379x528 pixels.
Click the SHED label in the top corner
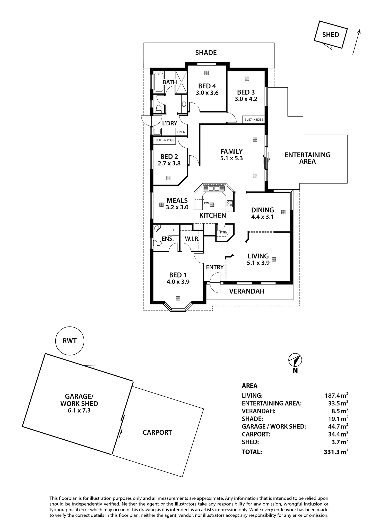pos(331,35)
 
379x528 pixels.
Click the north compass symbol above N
pos(295,360)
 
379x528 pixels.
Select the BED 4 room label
pos(207,86)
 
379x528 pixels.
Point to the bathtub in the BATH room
pos(159,82)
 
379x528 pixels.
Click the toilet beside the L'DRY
pos(159,109)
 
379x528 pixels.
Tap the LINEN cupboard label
pos(181,132)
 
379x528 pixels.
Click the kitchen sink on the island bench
pos(214,188)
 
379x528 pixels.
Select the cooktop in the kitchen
pos(230,204)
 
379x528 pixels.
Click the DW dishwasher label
pos(206,203)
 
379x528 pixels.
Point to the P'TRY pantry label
pos(224,232)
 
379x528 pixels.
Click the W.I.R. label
pos(192,239)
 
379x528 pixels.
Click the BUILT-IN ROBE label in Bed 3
pos(254,120)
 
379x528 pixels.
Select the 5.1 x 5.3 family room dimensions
pos(231,158)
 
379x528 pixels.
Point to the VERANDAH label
pos(247,291)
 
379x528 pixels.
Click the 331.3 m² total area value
pos(336,452)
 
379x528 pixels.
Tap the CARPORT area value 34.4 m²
pos(338,434)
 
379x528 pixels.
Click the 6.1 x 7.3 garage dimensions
pos(79,410)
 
